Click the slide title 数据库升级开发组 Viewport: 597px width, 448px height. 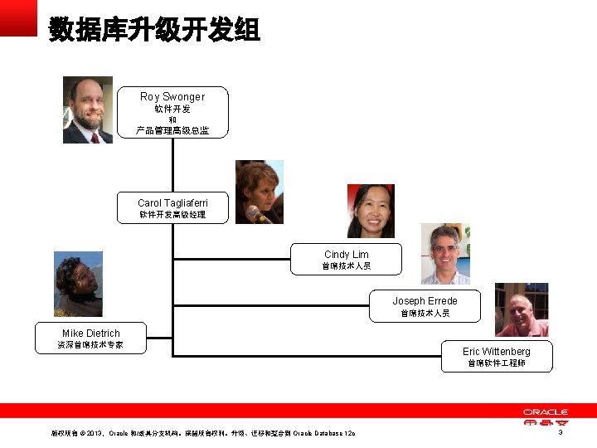click(154, 29)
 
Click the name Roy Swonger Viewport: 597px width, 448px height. click(172, 97)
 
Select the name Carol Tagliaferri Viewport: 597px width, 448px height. click(172, 203)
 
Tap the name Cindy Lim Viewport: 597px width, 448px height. click(347, 255)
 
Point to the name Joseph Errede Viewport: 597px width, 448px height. click(425, 301)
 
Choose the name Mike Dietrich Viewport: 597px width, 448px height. click(91, 334)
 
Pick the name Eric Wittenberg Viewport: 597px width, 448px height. click(496, 352)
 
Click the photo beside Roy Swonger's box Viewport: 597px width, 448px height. click(87, 110)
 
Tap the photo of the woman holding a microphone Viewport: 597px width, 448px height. click(259, 192)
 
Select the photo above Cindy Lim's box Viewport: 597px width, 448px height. click(370, 211)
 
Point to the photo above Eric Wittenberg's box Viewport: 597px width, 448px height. click(522, 309)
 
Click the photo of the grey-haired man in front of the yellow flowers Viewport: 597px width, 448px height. click(445, 254)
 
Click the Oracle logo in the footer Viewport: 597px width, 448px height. click(545, 417)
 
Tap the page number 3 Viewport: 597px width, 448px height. click(561, 433)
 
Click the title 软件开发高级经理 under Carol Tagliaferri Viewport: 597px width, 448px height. click(172, 216)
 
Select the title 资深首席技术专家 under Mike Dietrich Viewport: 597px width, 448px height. click(91, 345)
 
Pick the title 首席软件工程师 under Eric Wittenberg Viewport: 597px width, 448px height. click(496, 363)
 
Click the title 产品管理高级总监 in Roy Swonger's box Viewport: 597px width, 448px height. click(172, 130)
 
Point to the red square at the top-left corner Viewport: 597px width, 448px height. click(18, 17)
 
